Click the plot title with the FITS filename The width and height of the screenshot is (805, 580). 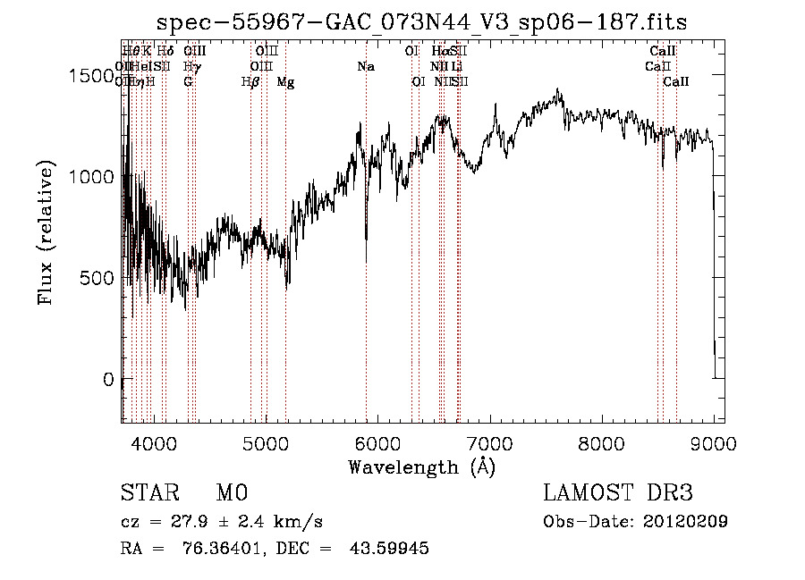coord(421,22)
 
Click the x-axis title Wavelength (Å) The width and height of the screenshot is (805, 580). coord(421,467)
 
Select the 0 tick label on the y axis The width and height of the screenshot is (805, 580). coord(109,379)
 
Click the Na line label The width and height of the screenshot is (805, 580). coord(365,66)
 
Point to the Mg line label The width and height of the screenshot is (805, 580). coord(285,82)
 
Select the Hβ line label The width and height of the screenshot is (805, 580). coord(250,82)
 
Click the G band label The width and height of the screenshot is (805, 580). coord(188,82)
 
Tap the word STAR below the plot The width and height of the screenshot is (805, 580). coord(147,493)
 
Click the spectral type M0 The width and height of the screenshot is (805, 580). coord(231,493)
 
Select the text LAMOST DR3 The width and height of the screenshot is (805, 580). coord(617,493)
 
